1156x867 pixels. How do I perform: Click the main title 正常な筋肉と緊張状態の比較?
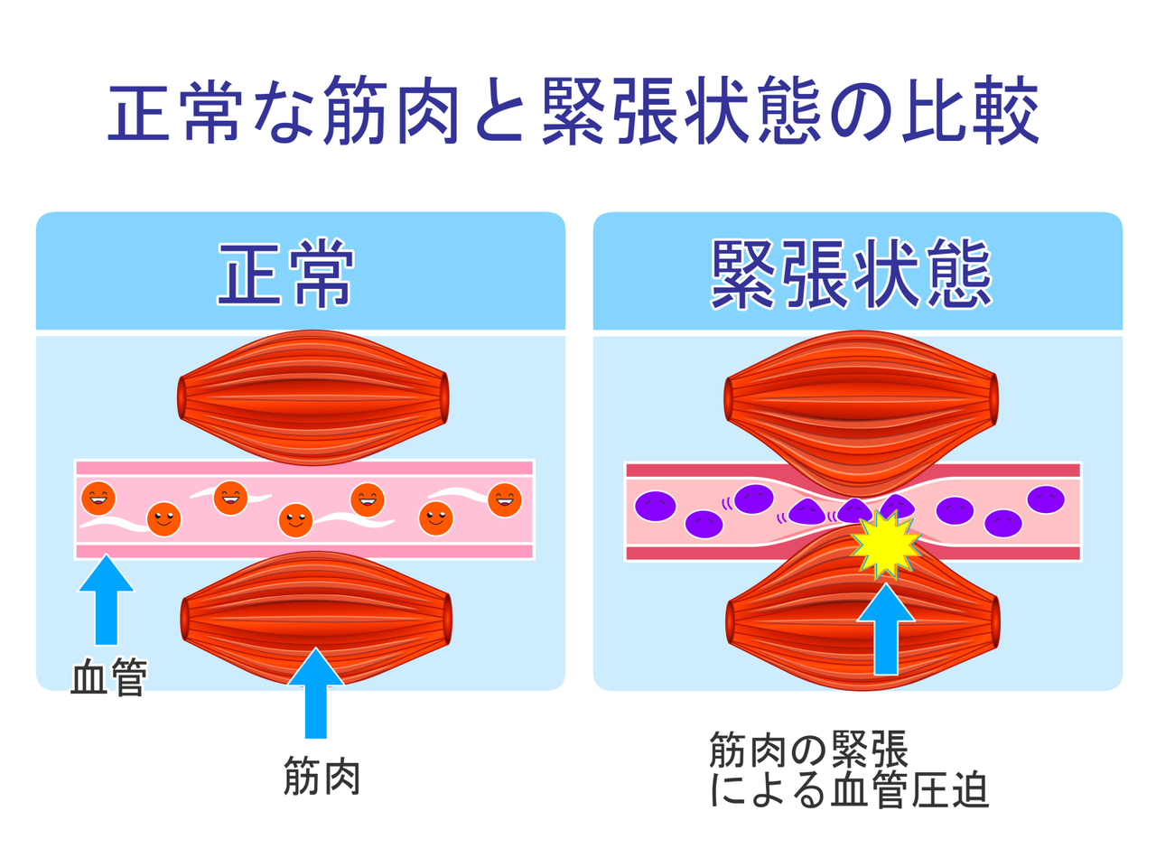click(574, 114)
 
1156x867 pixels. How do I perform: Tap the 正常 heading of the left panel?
click(284, 274)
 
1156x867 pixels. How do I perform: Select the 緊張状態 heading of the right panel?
click(851, 274)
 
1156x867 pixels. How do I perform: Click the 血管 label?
click(108, 676)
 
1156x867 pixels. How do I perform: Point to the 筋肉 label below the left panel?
click(322, 777)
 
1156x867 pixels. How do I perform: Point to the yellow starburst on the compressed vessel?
click(886, 545)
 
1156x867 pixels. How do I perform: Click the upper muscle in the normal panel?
click(312, 396)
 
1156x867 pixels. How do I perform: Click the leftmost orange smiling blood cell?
click(98, 498)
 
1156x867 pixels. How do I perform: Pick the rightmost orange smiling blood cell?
click(505, 499)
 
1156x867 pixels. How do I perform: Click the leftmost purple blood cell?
click(656, 505)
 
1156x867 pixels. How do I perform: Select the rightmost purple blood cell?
click(1046, 499)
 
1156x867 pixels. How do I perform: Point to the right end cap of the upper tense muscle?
click(993, 398)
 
